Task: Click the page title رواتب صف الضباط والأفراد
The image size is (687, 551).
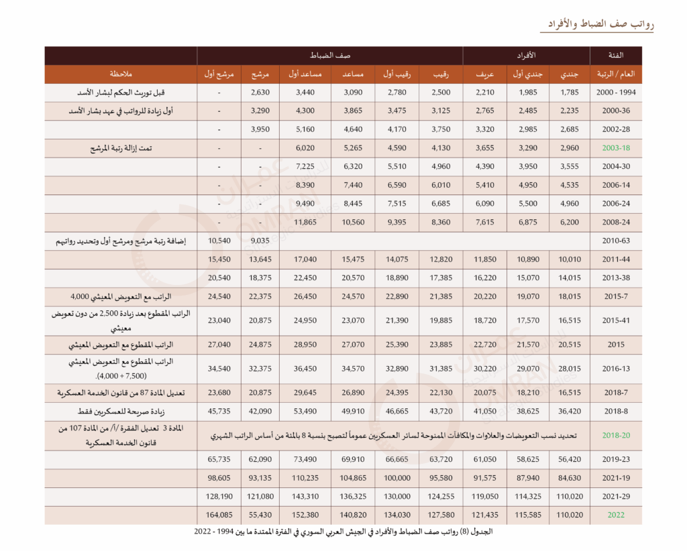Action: tap(597, 24)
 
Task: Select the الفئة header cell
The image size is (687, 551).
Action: tap(615, 55)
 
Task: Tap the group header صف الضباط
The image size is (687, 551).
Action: tap(329, 55)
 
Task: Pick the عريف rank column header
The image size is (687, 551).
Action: tap(485, 74)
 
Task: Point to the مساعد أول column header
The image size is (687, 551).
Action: tap(301, 74)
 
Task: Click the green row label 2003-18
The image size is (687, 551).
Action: tap(616, 148)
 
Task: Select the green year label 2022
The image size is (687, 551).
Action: tap(616, 515)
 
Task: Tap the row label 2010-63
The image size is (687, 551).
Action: tap(616, 241)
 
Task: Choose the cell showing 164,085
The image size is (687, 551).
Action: tap(219, 515)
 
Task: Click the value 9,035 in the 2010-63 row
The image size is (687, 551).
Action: tap(259, 241)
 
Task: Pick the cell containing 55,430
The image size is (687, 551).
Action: tap(259, 515)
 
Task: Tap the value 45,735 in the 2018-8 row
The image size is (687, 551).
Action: tap(219, 412)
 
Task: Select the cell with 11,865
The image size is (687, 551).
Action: tap(301, 223)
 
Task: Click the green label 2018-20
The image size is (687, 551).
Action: tap(616, 435)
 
